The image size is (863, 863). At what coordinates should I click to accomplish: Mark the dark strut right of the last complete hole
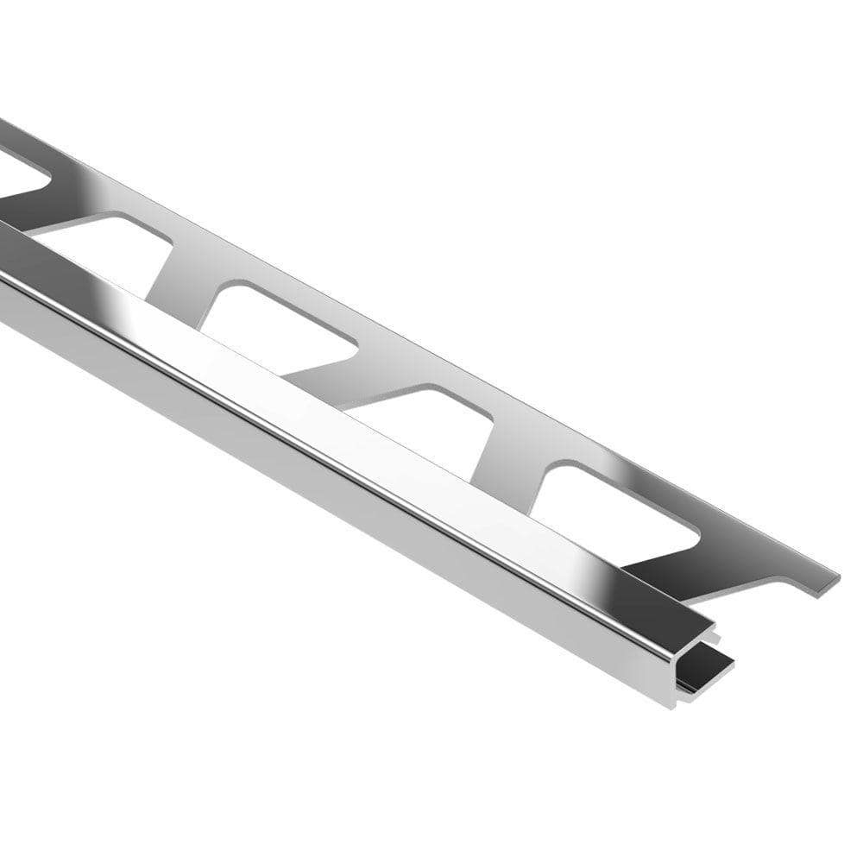[x=682, y=570]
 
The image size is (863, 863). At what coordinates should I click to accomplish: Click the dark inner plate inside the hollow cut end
[x=703, y=669]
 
